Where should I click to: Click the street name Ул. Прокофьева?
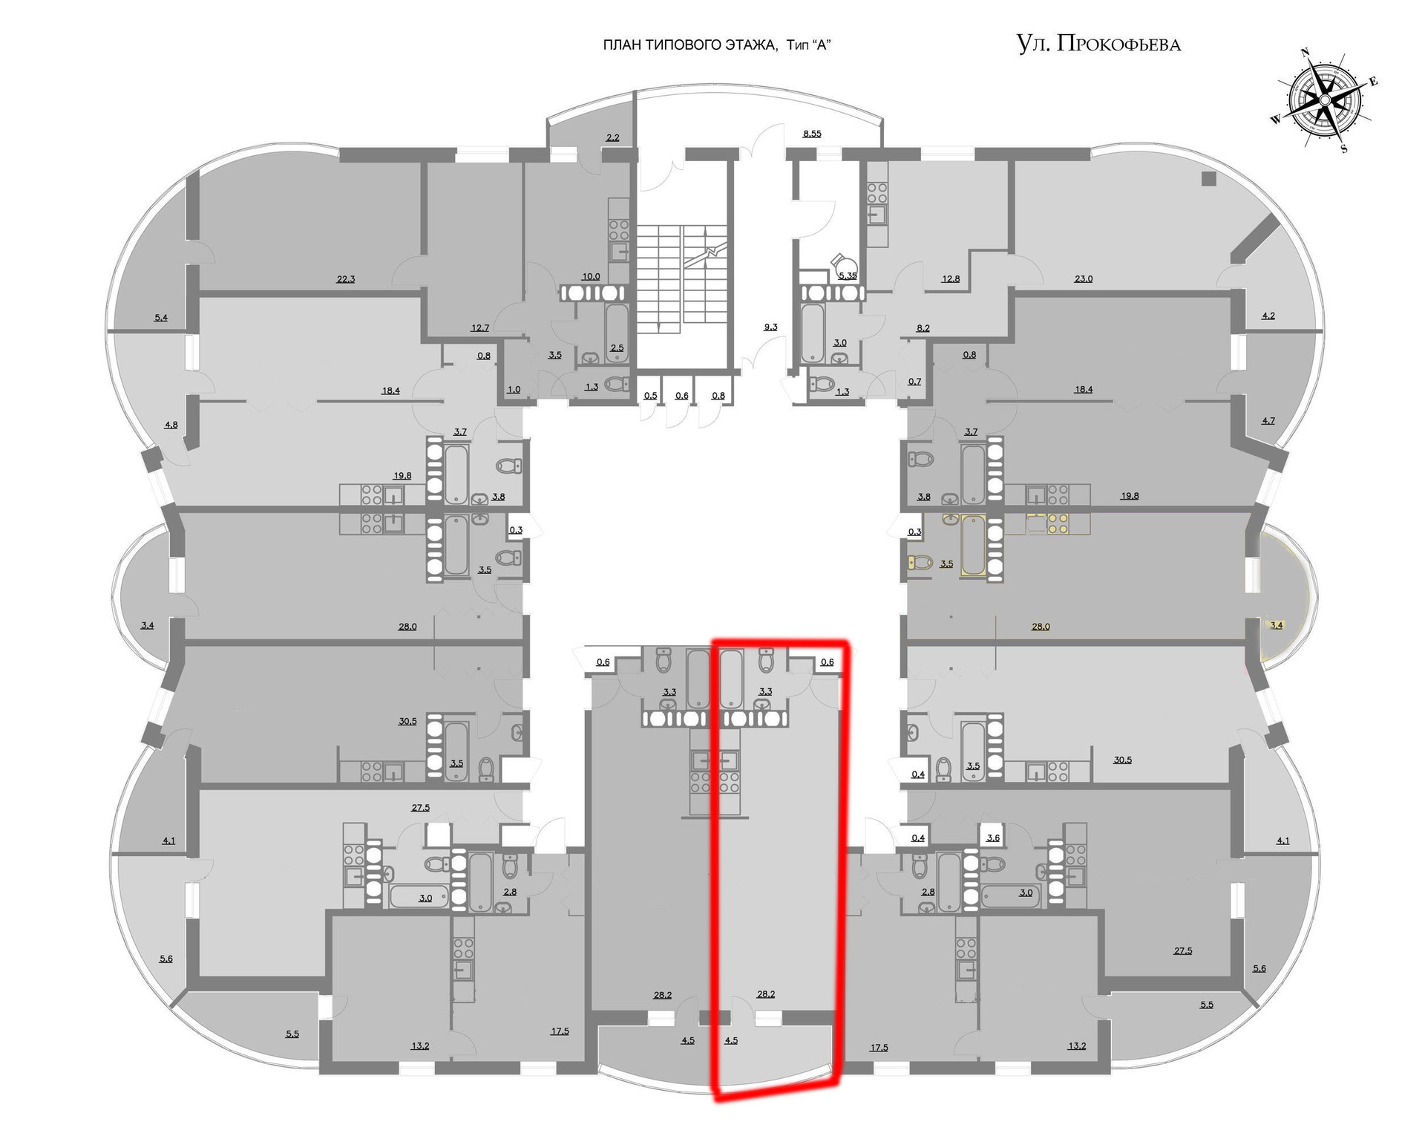pyautogui.click(x=1098, y=44)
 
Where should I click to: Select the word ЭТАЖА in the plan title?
pyautogui.click(x=749, y=45)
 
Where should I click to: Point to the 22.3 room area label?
pyautogui.click(x=346, y=279)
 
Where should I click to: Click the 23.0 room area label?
pyautogui.click(x=1083, y=279)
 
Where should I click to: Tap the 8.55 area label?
pyautogui.click(x=812, y=134)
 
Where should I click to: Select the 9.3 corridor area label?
pyautogui.click(x=770, y=327)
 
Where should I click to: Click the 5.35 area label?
pyautogui.click(x=847, y=275)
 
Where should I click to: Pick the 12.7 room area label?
pyautogui.click(x=480, y=327)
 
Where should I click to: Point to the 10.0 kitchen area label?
pyautogui.click(x=591, y=276)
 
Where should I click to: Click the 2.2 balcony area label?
pyautogui.click(x=612, y=137)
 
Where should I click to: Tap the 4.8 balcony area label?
pyautogui.click(x=171, y=425)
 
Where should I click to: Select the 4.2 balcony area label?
pyautogui.click(x=1268, y=316)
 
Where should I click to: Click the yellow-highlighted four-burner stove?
pyautogui.click(x=1058, y=523)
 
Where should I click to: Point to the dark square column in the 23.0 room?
pyautogui.click(x=1209, y=178)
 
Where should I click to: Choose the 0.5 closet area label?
pyautogui.click(x=650, y=396)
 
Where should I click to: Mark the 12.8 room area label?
pyautogui.click(x=951, y=279)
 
